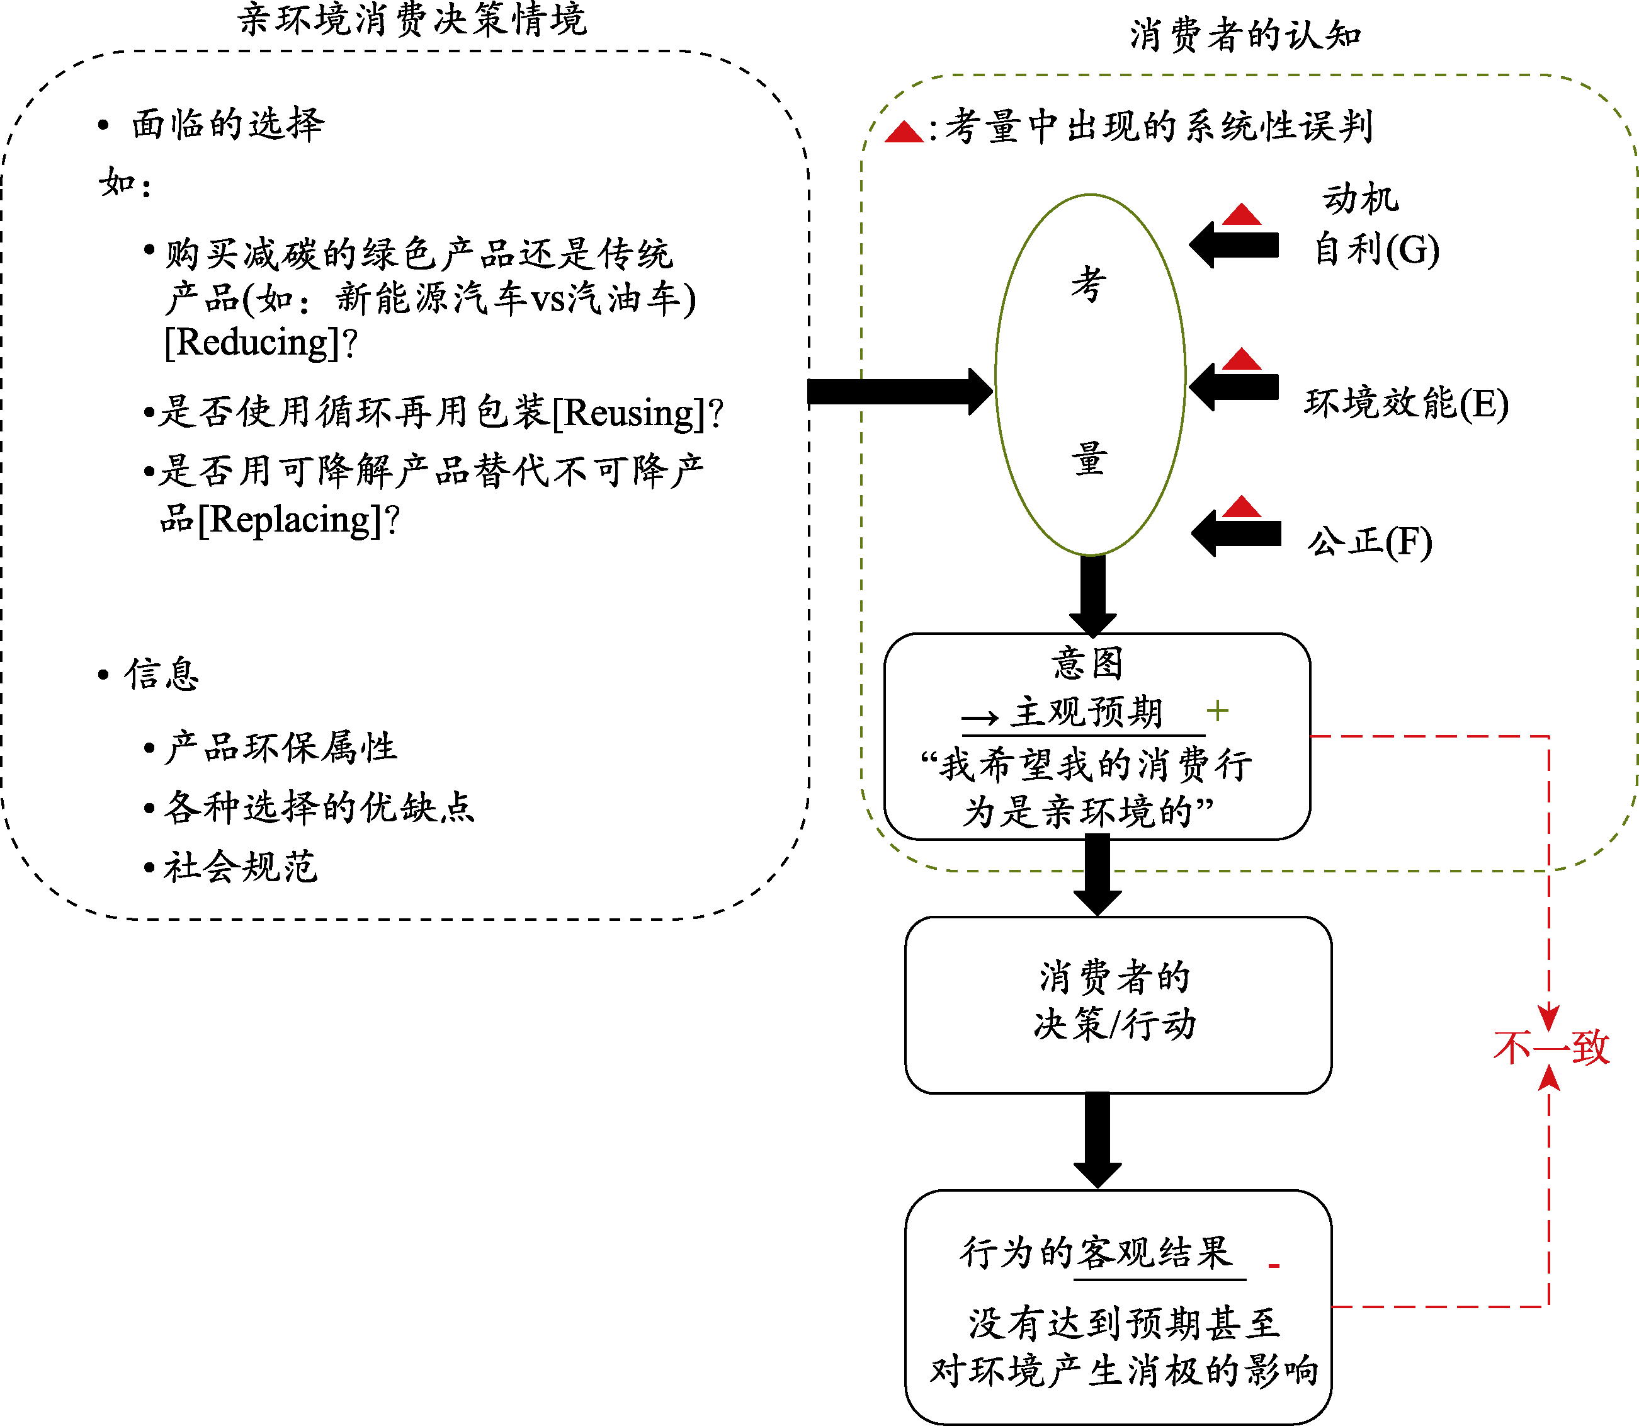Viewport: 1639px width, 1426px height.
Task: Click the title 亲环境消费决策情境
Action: click(412, 19)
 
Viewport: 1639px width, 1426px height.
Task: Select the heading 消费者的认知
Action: click(1245, 36)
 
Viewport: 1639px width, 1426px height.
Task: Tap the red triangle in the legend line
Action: click(904, 132)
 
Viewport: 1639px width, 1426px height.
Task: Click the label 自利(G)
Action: click(1376, 249)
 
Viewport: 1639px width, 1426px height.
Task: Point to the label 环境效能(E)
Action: click(1406, 402)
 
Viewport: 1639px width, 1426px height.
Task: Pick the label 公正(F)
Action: click(1370, 542)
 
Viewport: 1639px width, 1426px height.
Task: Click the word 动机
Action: click(1361, 198)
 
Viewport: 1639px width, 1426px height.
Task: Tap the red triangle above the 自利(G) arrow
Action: click(1241, 215)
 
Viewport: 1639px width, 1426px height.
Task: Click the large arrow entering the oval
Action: click(899, 392)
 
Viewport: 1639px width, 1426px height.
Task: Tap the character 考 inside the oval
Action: click(1089, 284)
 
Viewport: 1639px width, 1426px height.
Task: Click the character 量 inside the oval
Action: click(1089, 459)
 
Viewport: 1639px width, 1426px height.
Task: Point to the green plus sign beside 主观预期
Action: click(1217, 710)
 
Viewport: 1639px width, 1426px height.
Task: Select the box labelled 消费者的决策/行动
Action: click(1117, 1004)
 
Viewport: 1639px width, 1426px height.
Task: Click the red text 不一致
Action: click(1551, 1047)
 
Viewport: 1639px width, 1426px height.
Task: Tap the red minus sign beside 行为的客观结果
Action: click(1274, 1265)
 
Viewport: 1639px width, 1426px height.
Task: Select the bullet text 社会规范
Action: click(241, 867)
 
